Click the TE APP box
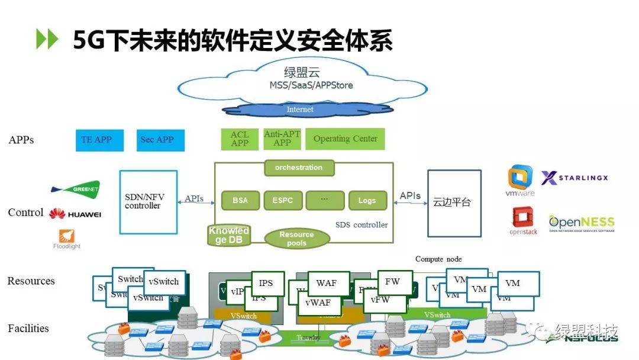click(96, 140)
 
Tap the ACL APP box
click(240, 139)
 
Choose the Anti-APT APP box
click(282, 139)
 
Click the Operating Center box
click(346, 139)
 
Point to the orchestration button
click(299, 168)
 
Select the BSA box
click(240, 200)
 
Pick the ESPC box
click(282, 200)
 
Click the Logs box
click(367, 200)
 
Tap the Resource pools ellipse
click(296, 239)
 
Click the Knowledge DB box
click(229, 235)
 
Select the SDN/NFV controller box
click(148, 201)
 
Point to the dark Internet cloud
click(300, 110)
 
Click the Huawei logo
click(75, 214)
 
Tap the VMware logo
click(520, 180)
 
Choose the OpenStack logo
click(523, 221)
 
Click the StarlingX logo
click(575, 178)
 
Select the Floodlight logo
click(67, 238)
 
